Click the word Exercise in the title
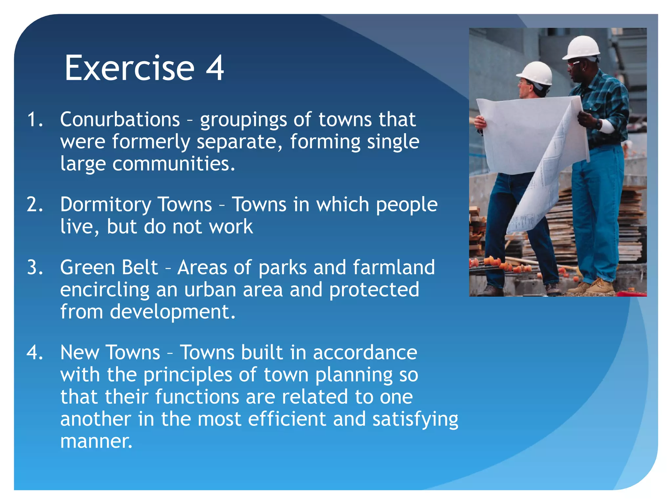(x=129, y=68)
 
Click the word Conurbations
(x=120, y=119)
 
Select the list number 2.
(x=35, y=205)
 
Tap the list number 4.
(x=35, y=353)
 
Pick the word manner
(x=96, y=442)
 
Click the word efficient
(x=287, y=419)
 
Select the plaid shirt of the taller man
(x=607, y=102)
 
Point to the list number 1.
(x=35, y=119)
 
